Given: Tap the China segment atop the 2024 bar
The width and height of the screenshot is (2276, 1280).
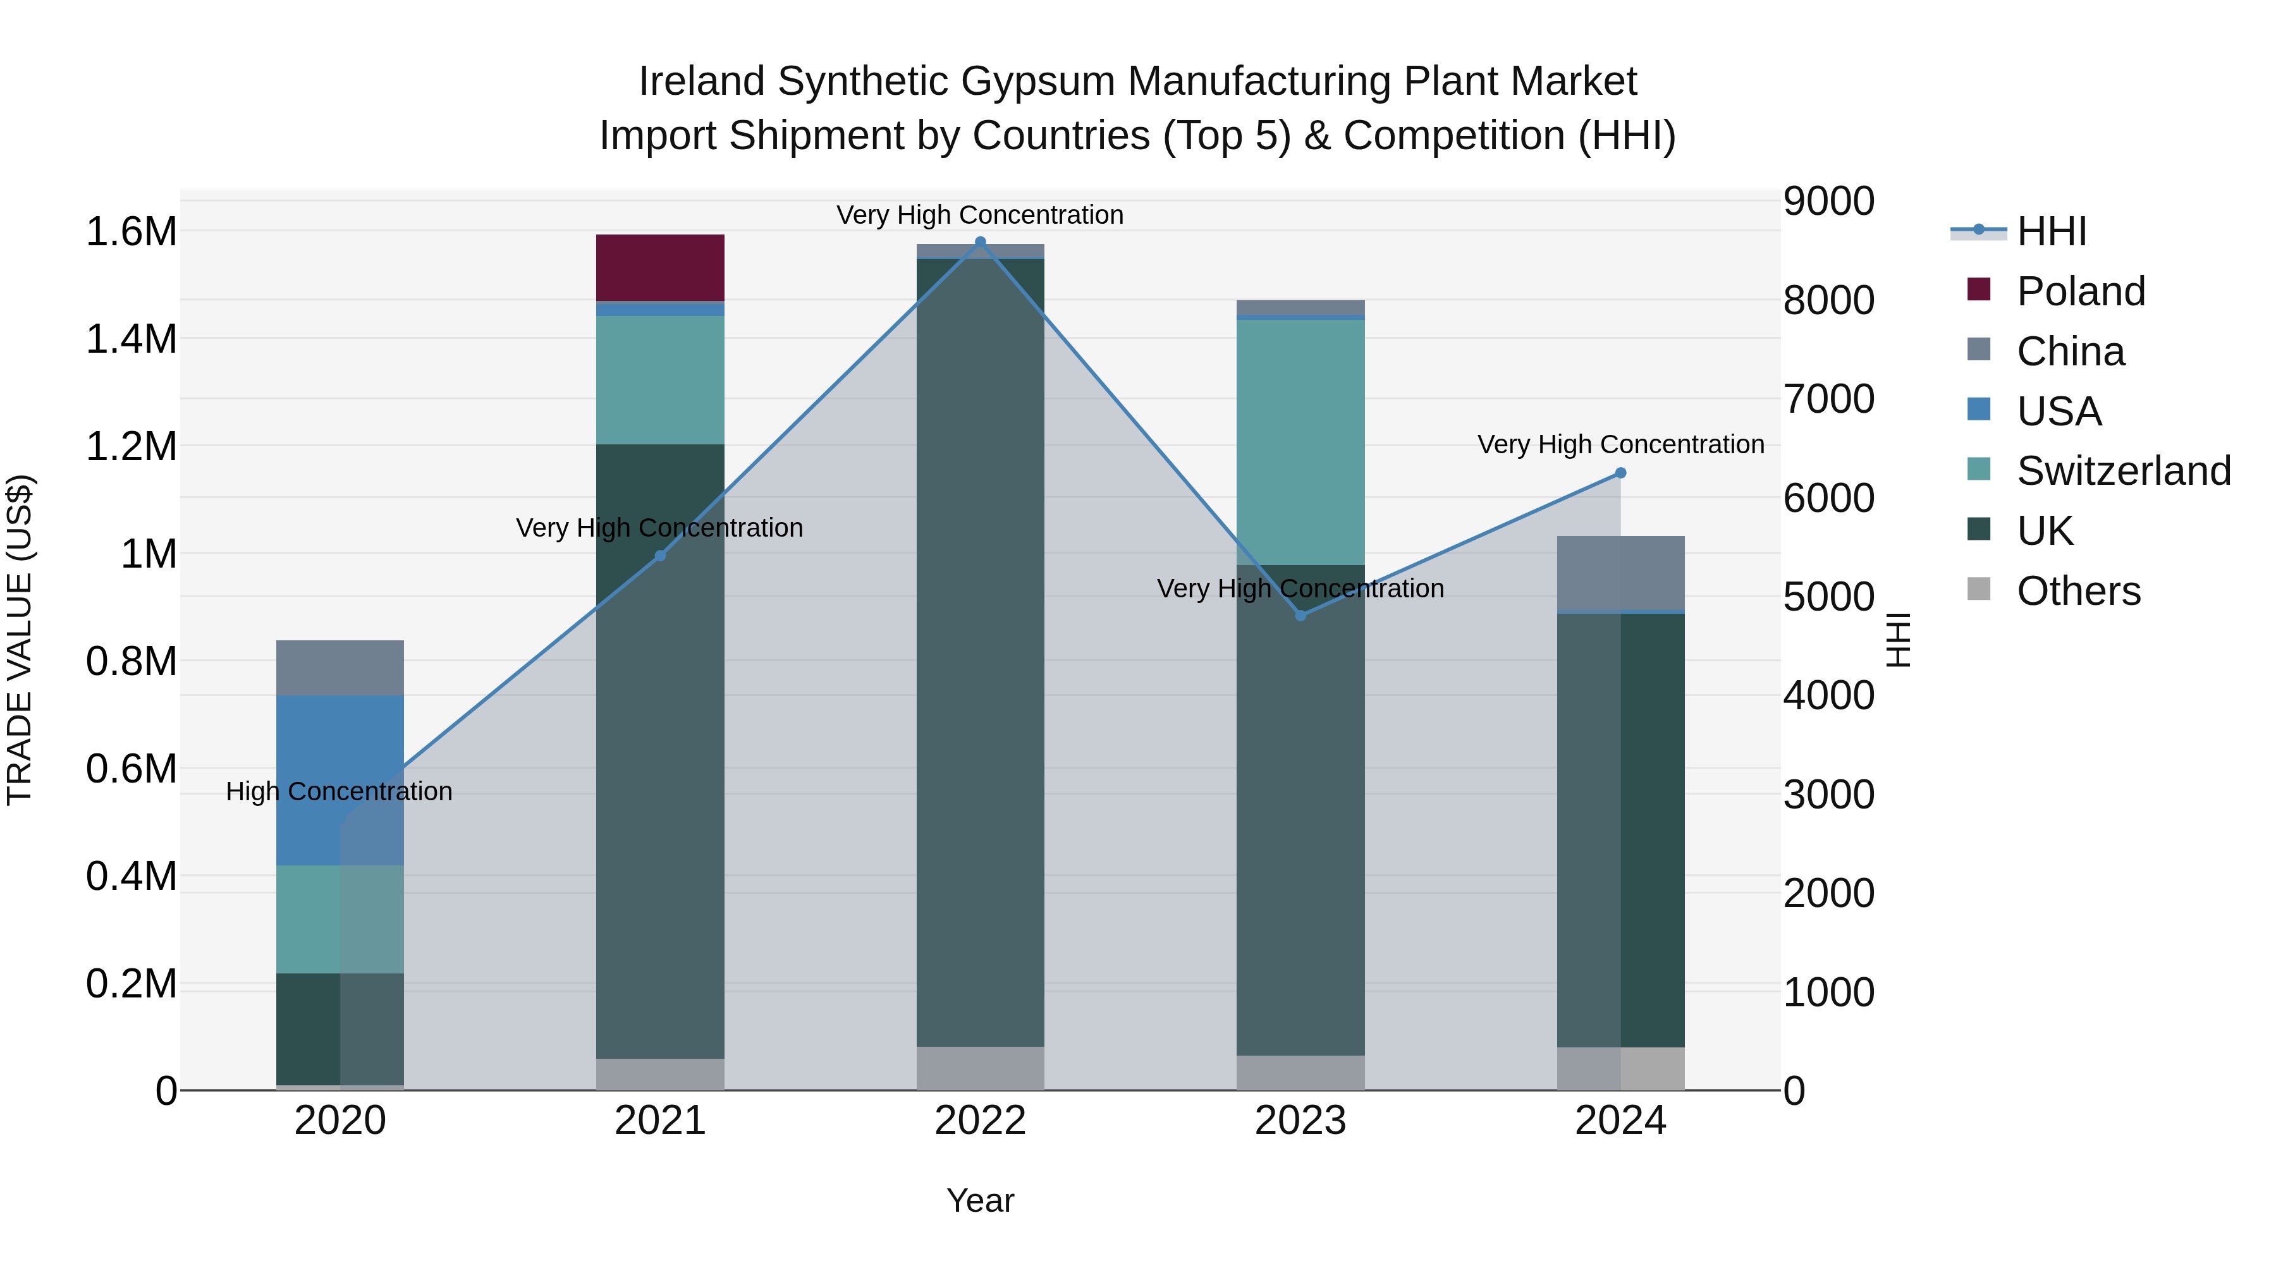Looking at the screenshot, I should [1620, 573].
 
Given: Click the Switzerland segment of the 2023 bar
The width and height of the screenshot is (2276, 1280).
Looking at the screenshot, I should [1300, 442].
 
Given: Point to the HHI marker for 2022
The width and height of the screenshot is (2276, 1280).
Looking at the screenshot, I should [980, 242].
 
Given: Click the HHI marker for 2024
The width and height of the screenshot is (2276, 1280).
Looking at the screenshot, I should [1620, 473].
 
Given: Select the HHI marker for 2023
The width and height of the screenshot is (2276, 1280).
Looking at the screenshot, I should [1300, 616].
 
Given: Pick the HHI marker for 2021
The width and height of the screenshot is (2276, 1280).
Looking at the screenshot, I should [660, 556].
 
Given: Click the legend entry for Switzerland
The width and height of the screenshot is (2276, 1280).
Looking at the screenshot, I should [2123, 471].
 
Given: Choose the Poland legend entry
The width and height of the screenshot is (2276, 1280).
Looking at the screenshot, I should [2080, 291].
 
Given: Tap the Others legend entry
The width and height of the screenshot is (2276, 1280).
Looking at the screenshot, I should [2078, 591].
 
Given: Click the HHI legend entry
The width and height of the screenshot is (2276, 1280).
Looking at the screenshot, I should [2051, 231].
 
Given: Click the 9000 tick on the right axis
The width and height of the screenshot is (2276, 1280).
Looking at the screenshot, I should [1828, 202].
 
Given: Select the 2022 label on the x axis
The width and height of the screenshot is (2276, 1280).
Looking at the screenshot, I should [980, 1121].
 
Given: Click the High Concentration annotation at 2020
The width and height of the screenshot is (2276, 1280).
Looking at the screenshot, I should [340, 791].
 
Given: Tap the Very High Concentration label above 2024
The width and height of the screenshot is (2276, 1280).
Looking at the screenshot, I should [1620, 444].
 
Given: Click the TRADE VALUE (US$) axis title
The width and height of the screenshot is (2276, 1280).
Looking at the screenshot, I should [20, 640].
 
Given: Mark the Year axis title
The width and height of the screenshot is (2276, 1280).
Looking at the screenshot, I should [980, 1200].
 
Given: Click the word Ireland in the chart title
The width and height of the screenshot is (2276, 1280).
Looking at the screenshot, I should [702, 82].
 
